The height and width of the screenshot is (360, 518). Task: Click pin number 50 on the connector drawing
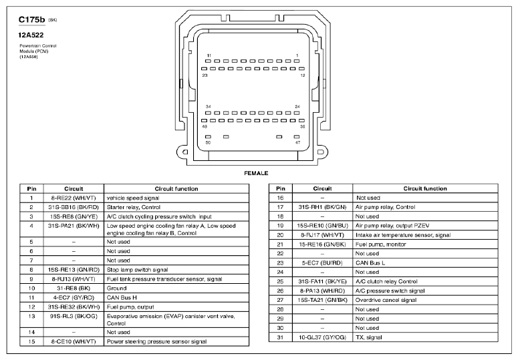[208, 142]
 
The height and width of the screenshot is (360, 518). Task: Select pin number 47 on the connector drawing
[298, 142]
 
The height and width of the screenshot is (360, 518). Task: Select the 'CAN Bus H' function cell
[123, 297]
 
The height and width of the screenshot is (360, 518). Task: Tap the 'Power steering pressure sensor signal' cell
[157, 341]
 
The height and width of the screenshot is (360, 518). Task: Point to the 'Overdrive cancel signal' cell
[386, 300]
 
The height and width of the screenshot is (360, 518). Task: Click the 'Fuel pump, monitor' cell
[380, 244]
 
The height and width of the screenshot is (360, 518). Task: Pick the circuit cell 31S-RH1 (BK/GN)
[323, 207]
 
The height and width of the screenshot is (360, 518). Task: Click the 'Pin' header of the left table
[31, 189]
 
